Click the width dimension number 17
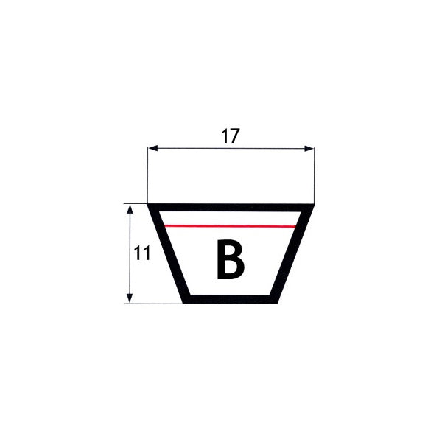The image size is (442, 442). click(230, 136)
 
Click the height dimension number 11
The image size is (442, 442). click(142, 253)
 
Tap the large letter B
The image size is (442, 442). click(230, 259)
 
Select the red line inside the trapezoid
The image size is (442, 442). click(230, 226)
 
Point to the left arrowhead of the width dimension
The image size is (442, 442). click(152, 148)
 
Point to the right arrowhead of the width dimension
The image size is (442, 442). click(309, 149)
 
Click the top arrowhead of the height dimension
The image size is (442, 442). click(130, 209)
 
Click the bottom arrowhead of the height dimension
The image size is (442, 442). click(130, 298)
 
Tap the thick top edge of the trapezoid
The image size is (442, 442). click(231, 208)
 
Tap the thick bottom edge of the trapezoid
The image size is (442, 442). click(231, 299)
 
